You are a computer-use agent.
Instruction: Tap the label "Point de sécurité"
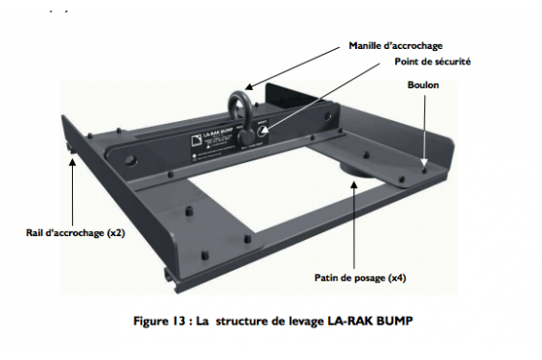point(434,62)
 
